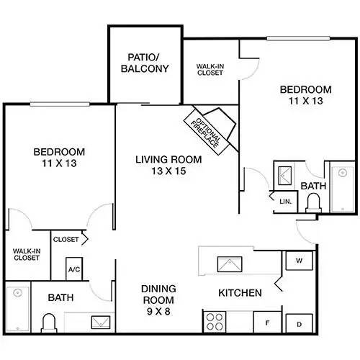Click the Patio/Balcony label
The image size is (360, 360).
point(148,63)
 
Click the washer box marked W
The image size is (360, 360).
point(297,261)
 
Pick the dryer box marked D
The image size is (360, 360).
point(297,324)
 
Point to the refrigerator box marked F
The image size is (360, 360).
point(267,323)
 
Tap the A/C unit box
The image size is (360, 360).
point(73,268)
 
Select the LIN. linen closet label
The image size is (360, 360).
point(285,201)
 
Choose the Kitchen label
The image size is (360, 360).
point(240,293)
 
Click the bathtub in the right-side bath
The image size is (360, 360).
point(338,187)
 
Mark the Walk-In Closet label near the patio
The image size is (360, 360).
point(210,69)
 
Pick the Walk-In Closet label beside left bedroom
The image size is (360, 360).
point(27,253)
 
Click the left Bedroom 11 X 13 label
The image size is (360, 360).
point(59,158)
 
